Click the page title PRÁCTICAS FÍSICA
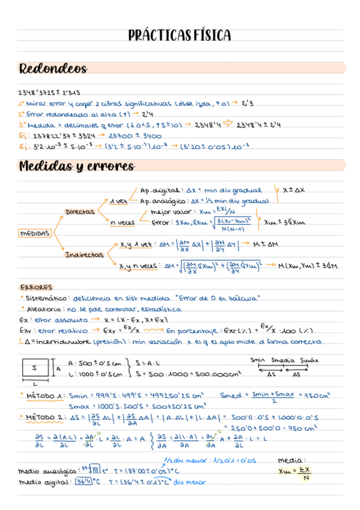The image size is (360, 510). pyautogui.click(x=179, y=35)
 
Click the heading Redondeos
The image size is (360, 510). pyautogui.click(x=53, y=69)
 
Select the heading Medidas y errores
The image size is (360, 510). pyautogui.click(x=76, y=166)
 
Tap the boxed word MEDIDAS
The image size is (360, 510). pyautogui.click(x=35, y=233)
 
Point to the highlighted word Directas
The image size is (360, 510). pyautogui.click(x=81, y=212)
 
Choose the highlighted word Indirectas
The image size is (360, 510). pyautogui.click(x=84, y=255)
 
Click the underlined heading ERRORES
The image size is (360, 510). pyautogui.click(x=36, y=287)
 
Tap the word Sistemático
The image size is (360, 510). pyautogui.click(x=46, y=298)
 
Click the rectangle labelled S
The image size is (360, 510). pyautogui.click(x=35, y=367)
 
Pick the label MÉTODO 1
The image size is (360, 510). pyautogui.click(x=45, y=396)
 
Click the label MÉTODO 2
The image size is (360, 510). pyautogui.click(x=45, y=417)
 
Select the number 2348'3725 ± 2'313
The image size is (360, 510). pyautogui.click(x=49, y=93)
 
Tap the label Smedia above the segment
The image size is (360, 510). pyautogui.click(x=283, y=361)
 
